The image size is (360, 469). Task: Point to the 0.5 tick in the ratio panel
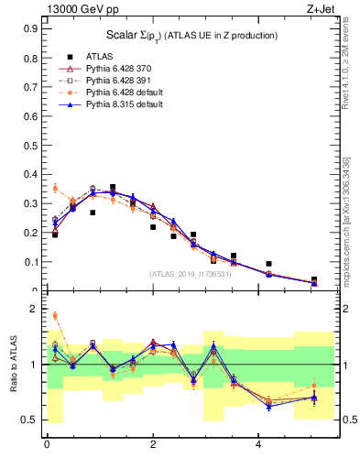[30, 420]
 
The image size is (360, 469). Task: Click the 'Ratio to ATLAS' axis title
[12, 366]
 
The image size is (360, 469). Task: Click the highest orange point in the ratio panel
[55, 315]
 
